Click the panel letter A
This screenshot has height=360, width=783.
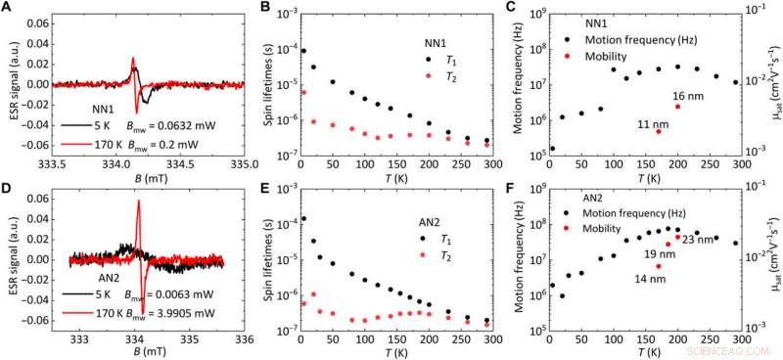pyautogui.click(x=6, y=8)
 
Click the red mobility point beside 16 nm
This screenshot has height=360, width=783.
pyautogui.click(x=677, y=107)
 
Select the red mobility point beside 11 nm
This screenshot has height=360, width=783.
pyautogui.click(x=658, y=131)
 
